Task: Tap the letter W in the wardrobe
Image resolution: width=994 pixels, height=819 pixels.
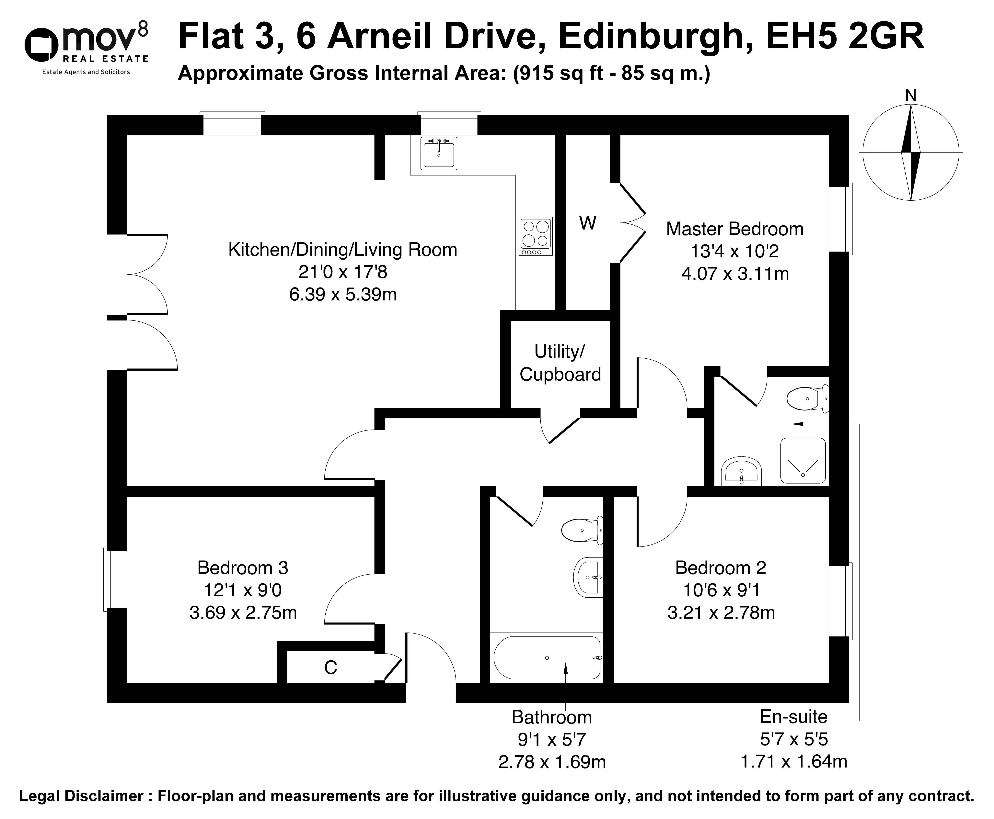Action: click(x=588, y=223)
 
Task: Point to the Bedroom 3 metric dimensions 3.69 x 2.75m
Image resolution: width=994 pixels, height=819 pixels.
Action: click(x=243, y=613)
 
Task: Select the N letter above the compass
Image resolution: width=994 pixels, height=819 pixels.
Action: click(x=911, y=96)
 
